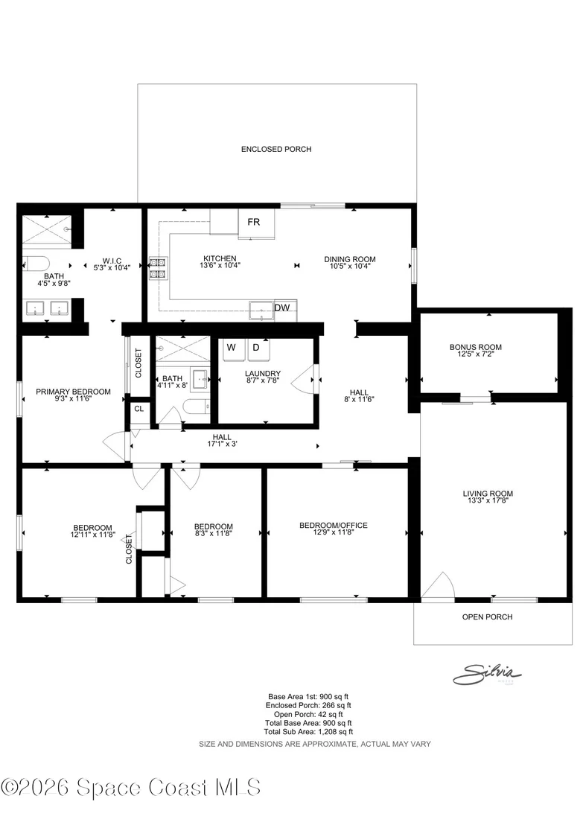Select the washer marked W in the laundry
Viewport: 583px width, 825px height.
[232, 350]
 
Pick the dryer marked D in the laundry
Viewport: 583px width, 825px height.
[258, 350]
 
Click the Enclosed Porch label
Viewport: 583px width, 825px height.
[276, 150]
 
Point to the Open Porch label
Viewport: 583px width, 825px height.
[487, 617]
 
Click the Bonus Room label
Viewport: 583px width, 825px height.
[476, 347]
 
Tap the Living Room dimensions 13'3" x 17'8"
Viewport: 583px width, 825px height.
[488, 501]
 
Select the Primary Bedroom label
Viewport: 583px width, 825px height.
[73, 392]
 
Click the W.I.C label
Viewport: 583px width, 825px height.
[112, 261]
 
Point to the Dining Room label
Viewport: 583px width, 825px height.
[350, 259]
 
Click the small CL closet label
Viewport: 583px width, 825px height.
[139, 409]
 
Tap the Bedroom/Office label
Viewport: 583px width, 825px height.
[334, 525]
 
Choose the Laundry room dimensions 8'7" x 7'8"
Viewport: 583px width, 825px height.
[263, 380]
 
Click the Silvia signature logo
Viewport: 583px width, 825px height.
[487, 674]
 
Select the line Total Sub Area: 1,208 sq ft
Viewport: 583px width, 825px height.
[308, 732]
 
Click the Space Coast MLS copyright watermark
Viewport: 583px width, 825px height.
[130, 788]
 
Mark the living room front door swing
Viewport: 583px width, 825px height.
[439, 585]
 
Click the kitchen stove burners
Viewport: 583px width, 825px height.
[158, 268]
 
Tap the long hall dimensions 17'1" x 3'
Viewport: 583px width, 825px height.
[222, 444]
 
